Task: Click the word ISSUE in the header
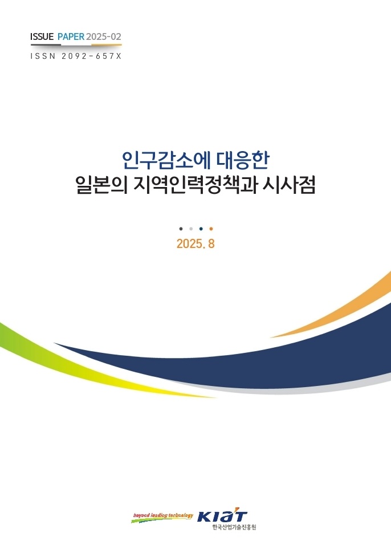[x=42, y=36]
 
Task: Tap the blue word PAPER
[x=71, y=36]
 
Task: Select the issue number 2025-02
[x=104, y=36]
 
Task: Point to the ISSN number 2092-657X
[x=92, y=56]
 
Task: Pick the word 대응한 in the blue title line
[x=243, y=160]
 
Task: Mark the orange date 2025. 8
[x=195, y=243]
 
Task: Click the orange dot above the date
[x=211, y=229]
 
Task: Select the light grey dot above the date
[x=191, y=229]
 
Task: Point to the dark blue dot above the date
[x=201, y=229]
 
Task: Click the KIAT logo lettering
[x=222, y=517]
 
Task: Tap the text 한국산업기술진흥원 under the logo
[x=234, y=527]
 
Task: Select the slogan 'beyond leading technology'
[x=163, y=515]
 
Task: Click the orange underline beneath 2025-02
[x=107, y=45]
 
